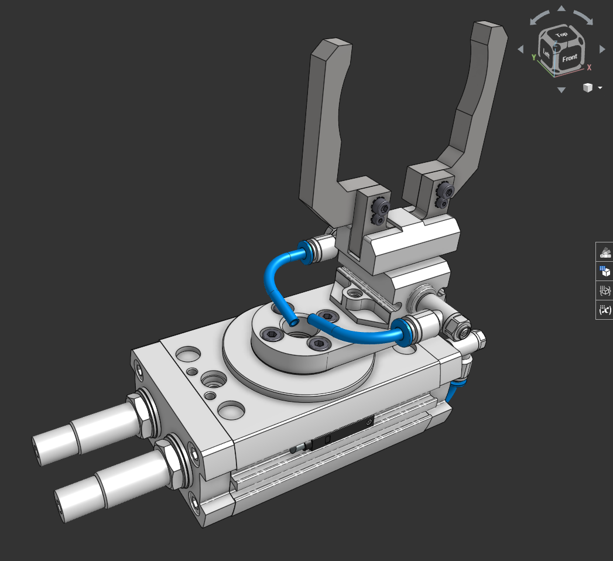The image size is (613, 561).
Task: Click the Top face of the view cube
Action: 561,35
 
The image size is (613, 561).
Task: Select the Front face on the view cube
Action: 569,58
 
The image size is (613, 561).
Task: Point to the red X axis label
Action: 589,67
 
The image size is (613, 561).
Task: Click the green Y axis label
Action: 533,57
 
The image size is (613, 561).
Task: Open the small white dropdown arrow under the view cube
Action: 600,88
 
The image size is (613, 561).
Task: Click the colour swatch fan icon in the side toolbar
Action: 605,252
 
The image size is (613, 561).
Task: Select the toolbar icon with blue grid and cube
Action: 605,271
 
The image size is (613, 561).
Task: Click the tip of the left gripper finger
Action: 331,50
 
